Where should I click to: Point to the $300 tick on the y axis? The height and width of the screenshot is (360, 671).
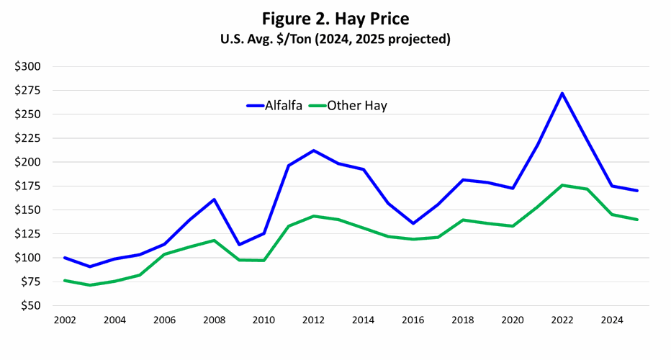(27, 66)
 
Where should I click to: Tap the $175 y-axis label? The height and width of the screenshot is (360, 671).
(27, 186)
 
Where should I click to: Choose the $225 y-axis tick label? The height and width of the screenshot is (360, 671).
(27, 138)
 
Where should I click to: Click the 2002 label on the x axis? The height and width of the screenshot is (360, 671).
(64, 320)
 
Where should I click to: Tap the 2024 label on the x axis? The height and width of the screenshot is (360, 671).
(612, 320)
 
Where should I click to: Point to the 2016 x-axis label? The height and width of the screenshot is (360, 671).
(413, 320)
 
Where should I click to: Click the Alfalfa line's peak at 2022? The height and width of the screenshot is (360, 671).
(562, 93)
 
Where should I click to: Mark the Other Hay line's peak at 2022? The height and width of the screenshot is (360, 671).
(562, 185)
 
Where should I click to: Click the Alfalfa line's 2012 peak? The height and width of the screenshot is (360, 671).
(313, 150)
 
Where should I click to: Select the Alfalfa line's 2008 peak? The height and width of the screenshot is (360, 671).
(214, 199)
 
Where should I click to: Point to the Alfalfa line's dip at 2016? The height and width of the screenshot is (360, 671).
(413, 223)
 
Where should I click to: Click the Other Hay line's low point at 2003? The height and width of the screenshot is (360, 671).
(89, 285)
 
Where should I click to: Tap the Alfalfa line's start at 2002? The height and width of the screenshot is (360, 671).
(64, 258)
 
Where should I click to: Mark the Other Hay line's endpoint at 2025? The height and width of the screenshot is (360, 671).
(637, 220)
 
